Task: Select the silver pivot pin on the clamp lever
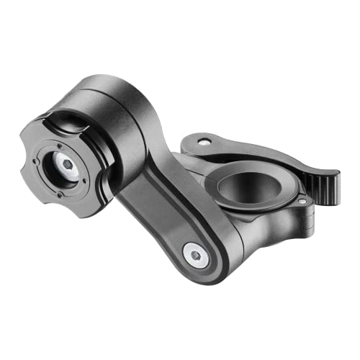tap(204, 142)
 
